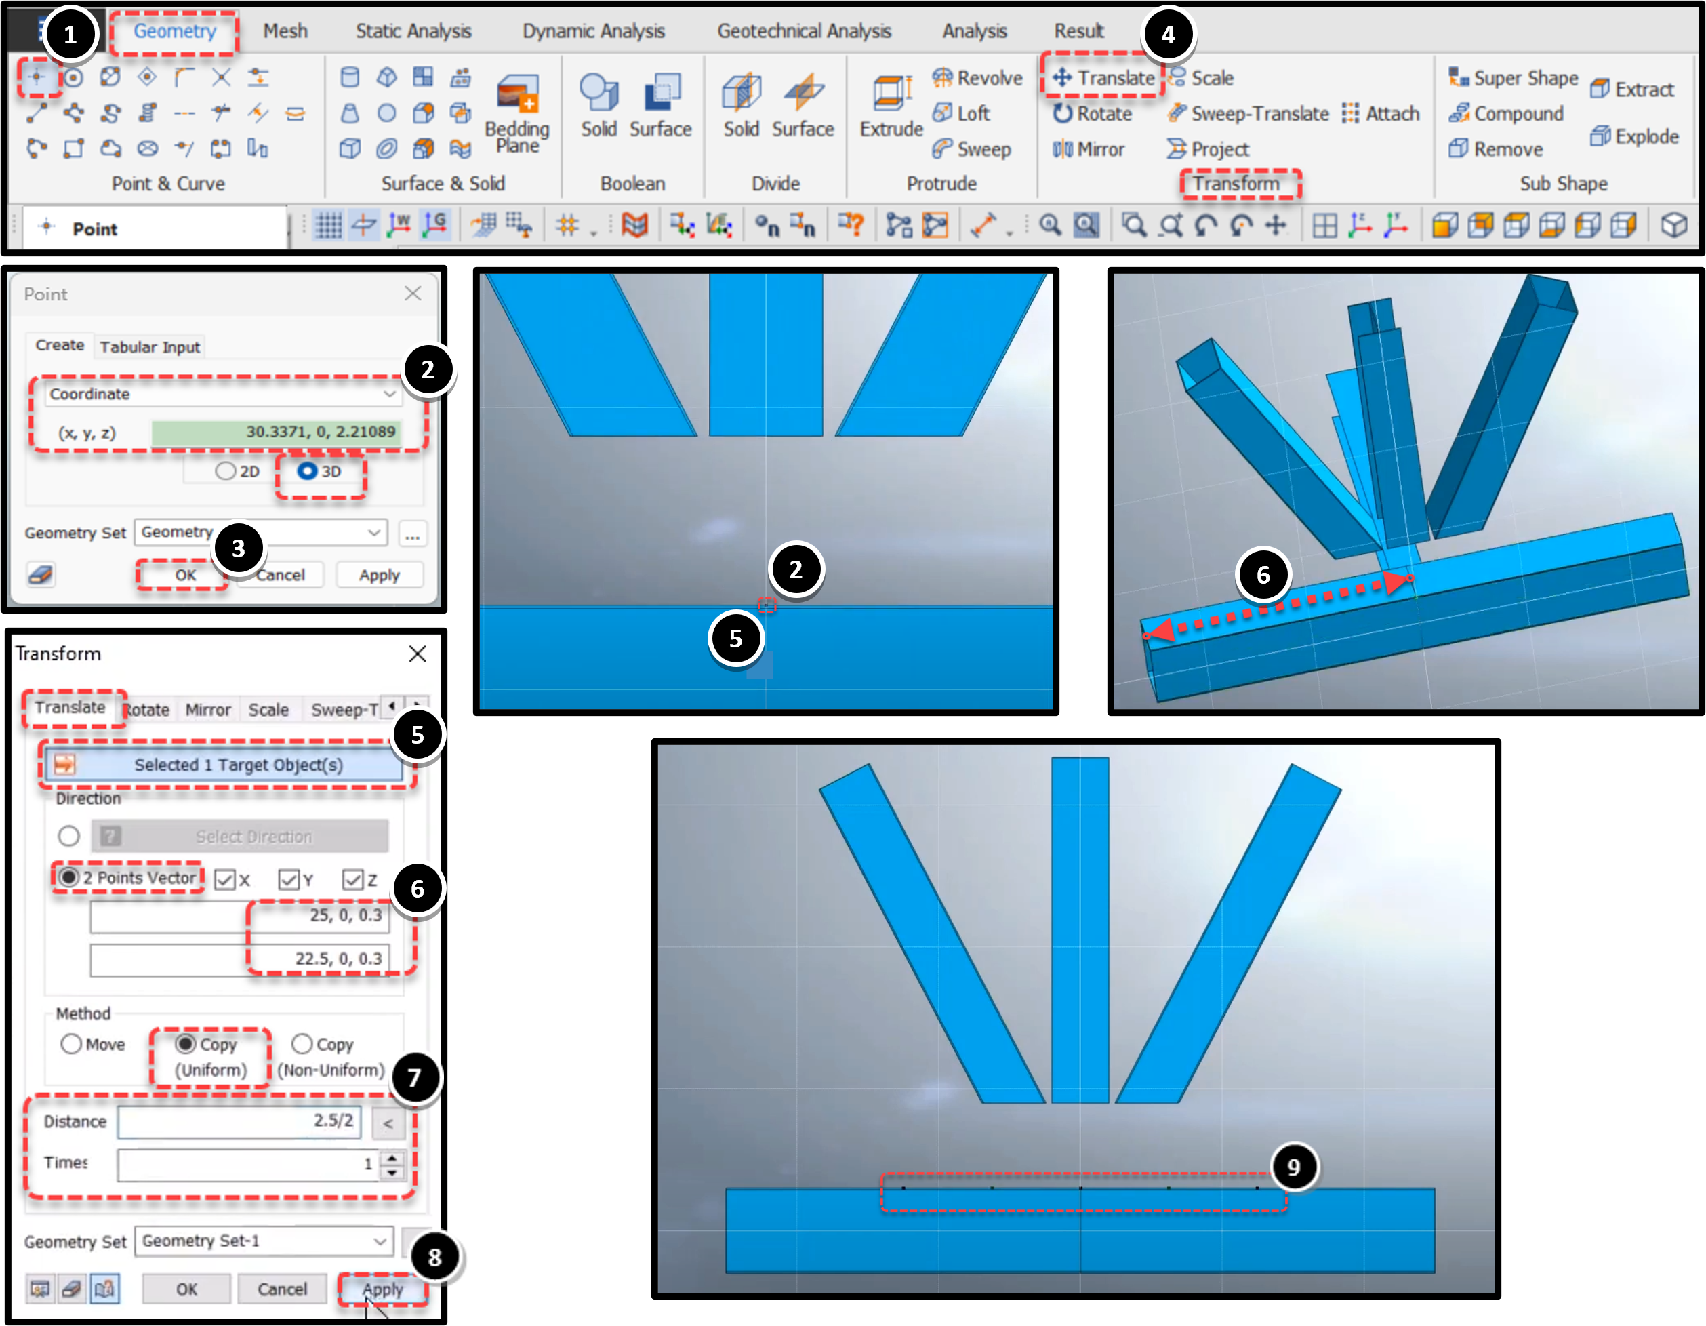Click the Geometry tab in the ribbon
tap(174, 31)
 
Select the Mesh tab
tap(285, 31)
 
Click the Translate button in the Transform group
tap(1103, 77)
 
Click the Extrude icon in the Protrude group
tap(891, 92)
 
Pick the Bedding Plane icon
tap(517, 93)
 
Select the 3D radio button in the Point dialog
tap(307, 471)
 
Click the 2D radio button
tap(225, 471)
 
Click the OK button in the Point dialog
tap(185, 575)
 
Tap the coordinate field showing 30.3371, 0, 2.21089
tap(277, 431)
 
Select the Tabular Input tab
tap(150, 347)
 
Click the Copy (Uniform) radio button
tap(185, 1044)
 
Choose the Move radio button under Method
tap(71, 1044)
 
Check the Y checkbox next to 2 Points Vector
tap(289, 880)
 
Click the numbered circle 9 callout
tap(1293, 1167)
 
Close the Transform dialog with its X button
tap(418, 654)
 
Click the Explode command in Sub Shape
tap(1635, 137)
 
